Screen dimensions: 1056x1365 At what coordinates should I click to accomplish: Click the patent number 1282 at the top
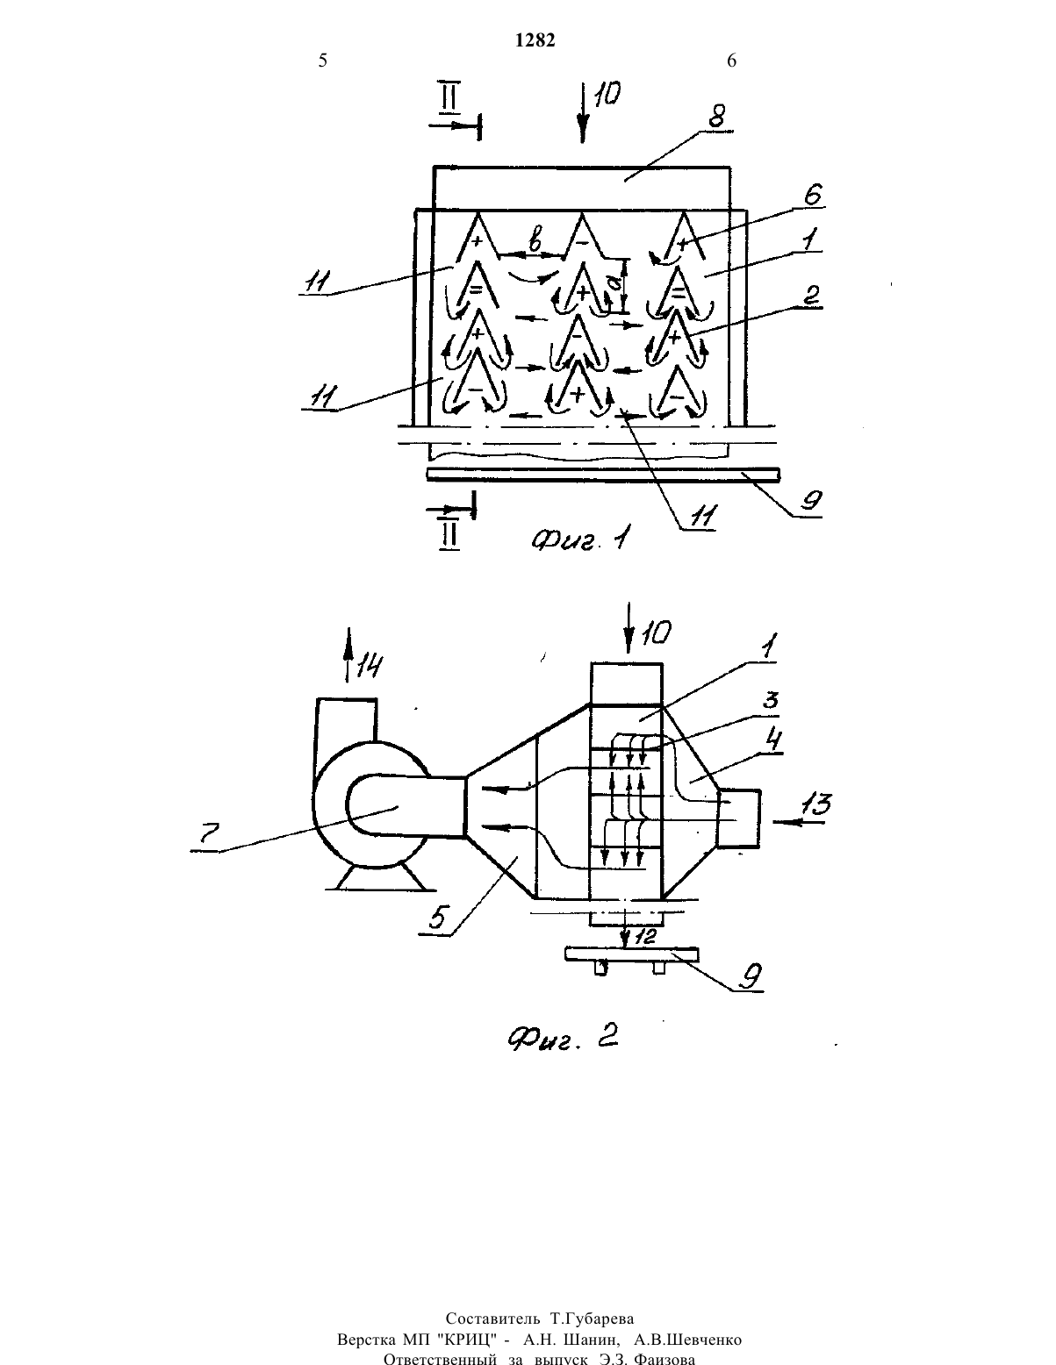coord(535,40)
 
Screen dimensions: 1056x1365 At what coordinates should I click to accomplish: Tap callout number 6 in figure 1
coord(812,195)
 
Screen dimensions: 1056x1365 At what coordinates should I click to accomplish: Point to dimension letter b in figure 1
coord(535,242)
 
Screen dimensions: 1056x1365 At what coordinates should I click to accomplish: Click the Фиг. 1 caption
coord(579,539)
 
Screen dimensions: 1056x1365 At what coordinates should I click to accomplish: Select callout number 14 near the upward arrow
coord(370,665)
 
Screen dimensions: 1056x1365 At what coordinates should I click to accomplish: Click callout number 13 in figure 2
coord(816,804)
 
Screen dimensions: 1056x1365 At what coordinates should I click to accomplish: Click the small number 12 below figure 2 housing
coord(645,937)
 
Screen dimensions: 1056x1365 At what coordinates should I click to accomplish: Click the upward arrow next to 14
coord(347,654)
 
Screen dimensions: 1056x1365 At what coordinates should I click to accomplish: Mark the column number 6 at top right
coord(731,61)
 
